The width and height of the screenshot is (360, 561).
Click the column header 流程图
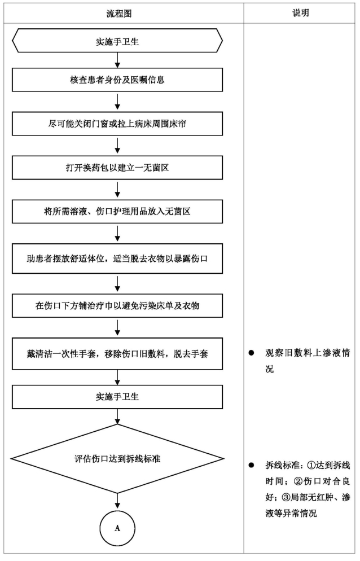[119, 14]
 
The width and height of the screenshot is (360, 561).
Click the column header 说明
[301, 13]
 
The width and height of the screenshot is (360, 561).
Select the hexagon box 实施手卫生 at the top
[117, 41]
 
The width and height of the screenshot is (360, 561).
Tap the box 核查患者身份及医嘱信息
[117, 80]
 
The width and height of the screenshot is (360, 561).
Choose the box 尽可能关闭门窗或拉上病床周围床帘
[117, 124]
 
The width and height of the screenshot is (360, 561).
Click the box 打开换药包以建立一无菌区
[117, 168]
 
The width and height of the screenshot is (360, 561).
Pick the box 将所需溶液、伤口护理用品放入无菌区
[117, 212]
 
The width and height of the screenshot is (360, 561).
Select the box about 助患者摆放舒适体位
[117, 258]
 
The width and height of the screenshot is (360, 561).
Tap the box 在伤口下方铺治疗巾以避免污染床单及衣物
[117, 306]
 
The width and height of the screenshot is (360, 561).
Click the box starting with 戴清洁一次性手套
[117, 354]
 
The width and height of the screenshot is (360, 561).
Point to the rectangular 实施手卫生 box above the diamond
[117, 397]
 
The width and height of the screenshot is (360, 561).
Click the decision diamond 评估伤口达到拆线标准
[117, 459]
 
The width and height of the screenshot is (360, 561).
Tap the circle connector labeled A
[117, 528]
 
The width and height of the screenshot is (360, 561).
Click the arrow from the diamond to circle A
[117, 501]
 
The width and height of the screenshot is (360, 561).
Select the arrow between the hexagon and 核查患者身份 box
[117, 60]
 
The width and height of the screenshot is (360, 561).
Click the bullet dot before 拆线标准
[251, 465]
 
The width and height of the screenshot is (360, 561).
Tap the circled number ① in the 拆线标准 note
[311, 465]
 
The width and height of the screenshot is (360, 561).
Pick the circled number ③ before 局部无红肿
[286, 497]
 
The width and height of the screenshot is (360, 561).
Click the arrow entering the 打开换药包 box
[117, 147]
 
